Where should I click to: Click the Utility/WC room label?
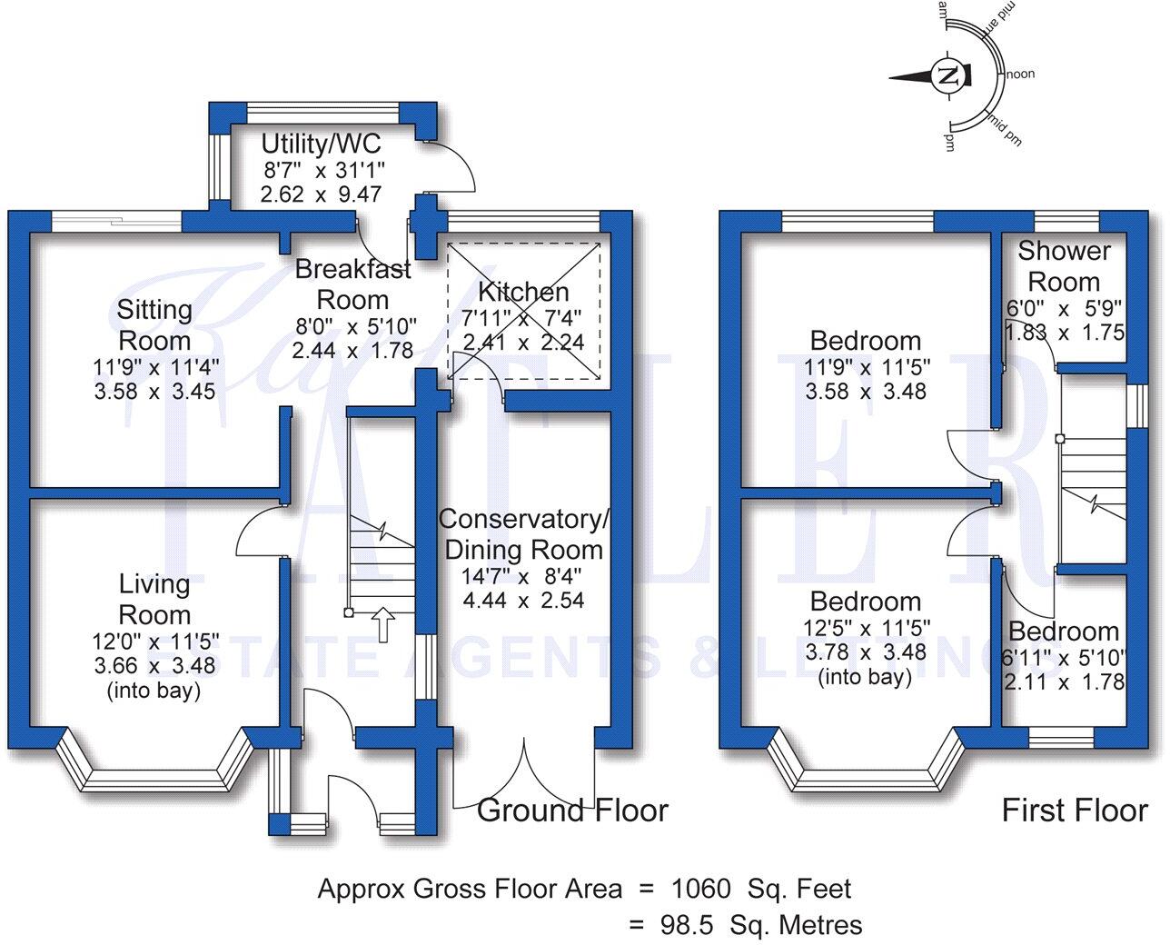321,144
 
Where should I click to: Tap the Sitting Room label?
154,325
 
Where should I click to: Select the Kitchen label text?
524,292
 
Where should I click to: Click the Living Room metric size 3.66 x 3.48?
154,666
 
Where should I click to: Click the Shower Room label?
1064,266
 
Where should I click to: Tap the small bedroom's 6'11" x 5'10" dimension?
1066,657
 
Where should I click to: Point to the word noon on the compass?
1020,75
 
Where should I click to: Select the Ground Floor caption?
572,810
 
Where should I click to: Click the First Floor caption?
1075,810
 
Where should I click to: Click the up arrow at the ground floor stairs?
384,624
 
